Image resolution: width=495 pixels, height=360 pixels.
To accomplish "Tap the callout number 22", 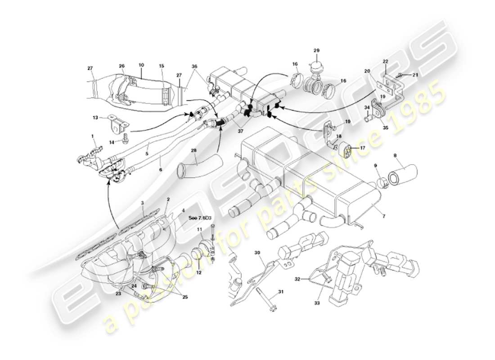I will tap(385, 62).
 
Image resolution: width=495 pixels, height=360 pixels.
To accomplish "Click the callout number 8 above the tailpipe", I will tap(396, 156).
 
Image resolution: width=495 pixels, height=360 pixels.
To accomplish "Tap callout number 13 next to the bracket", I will tap(95, 117).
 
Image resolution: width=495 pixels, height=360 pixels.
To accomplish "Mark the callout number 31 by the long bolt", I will tap(280, 292).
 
